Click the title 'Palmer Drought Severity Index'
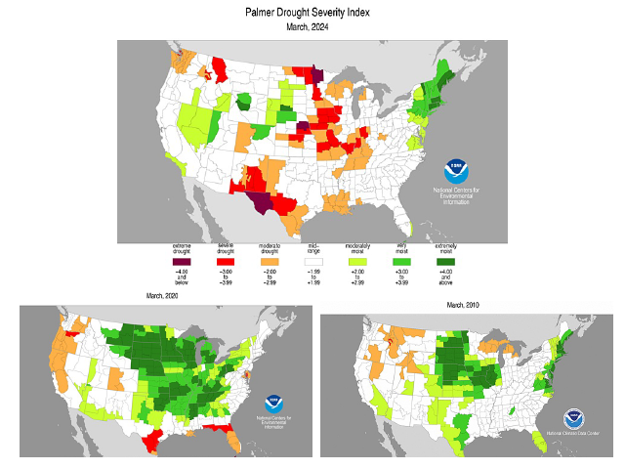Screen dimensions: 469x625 (312, 12)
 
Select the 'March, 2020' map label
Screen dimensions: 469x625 (165, 295)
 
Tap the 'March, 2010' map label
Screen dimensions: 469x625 (464, 306)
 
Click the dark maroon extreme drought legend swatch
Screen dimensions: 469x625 (181, 261)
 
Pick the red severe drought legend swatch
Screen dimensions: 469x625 (226, 261)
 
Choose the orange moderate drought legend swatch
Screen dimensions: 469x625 (270, 261)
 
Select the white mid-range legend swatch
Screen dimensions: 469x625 (313, 261)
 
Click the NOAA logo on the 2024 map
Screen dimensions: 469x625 (457, 170)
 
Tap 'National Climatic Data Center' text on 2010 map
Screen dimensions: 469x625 (574, 431)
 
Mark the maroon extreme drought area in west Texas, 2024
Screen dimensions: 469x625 (263, 202)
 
